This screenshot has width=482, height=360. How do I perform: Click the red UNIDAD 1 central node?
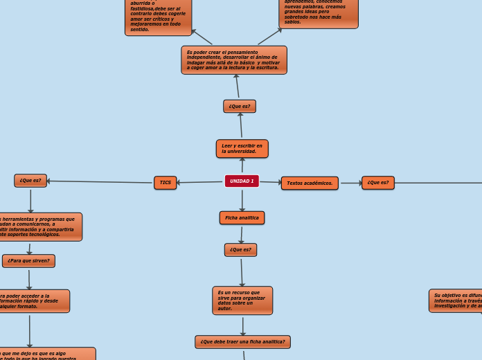click(x=242, y=181)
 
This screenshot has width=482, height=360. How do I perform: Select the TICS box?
click(x=165, y=183)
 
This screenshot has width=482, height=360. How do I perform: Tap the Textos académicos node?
click(x=310, y=183)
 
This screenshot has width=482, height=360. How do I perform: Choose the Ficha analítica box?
click(x=242, y=218)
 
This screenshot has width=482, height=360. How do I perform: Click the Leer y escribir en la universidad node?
click(x=242, y=149)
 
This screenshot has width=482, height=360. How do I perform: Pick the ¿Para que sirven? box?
click(x=28, y=261)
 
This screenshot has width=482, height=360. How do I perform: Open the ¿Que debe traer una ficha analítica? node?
click(x=242, y=342)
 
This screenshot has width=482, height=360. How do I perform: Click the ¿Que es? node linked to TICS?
click(x=30, y=181)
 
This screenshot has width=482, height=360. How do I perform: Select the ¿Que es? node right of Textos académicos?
click(x=378, y=183)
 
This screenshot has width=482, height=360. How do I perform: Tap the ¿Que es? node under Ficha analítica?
click(x=240, y=250)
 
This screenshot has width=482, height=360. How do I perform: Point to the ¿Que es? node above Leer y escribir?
click(x=240, y=107)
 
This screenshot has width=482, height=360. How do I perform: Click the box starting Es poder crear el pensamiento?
click(x=234, y=60)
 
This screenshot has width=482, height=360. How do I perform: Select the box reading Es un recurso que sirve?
click(x=242, y=300)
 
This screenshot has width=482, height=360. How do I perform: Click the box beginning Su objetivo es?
click(x=456, y=300)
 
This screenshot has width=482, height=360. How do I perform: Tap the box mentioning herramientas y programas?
click(x=38, y=227)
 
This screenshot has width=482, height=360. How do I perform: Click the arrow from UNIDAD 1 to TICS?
click(x=200, y=182)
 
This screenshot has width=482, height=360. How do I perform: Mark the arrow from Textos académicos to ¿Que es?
click(x=350, y=183)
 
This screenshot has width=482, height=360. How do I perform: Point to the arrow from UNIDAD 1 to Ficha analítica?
click(x=242, y=200)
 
